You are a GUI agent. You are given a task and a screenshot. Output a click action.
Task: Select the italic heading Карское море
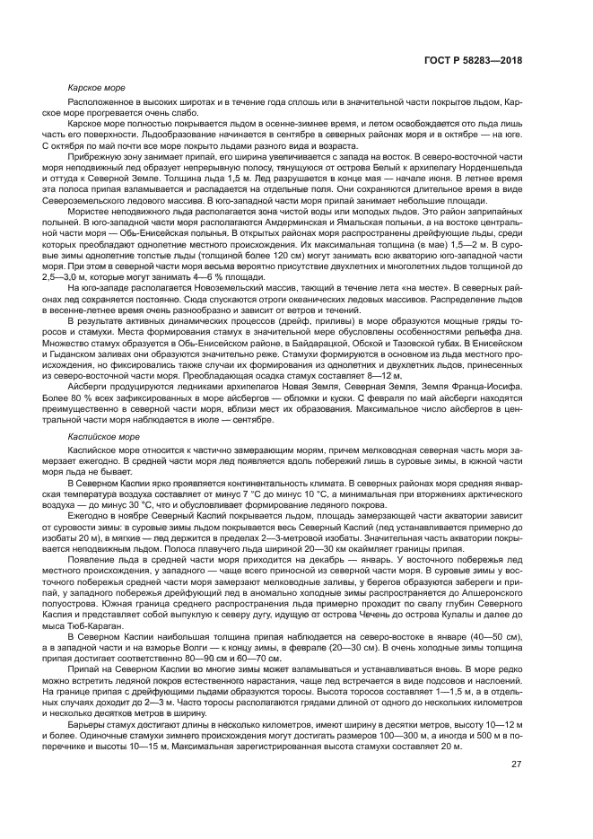(94, 88)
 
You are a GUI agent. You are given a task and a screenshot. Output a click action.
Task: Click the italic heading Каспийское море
(103, 435)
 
